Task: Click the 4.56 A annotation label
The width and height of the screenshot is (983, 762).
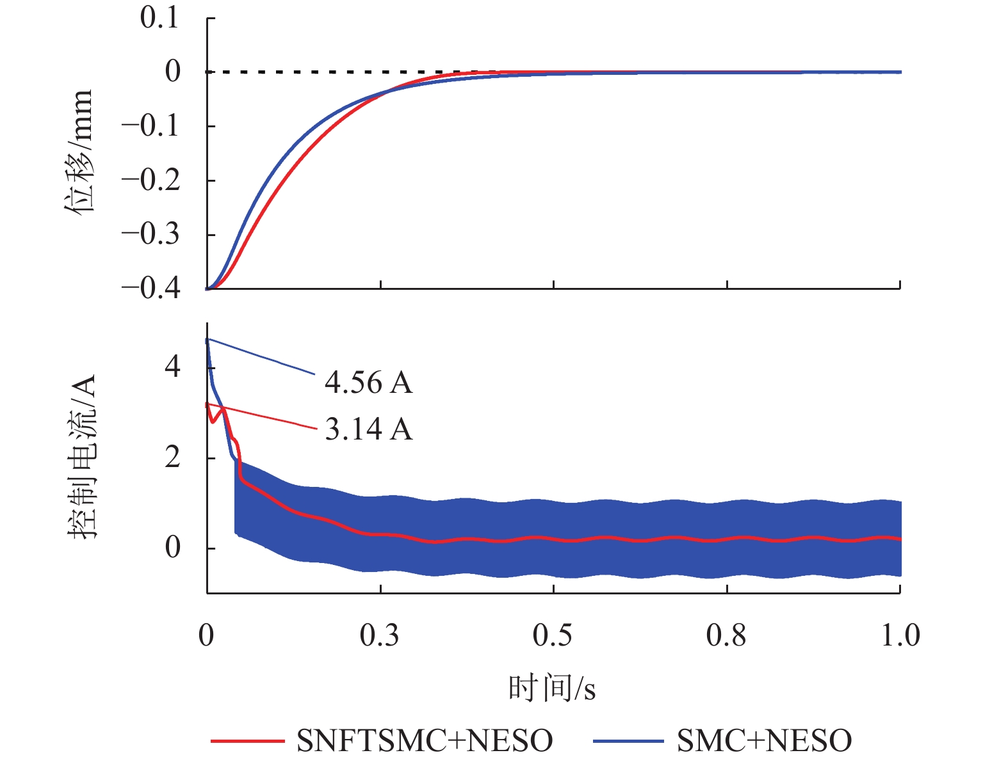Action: point(368,383)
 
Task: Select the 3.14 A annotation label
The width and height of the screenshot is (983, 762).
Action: point(368,429)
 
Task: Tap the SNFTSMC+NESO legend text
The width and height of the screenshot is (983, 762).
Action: point(425,741)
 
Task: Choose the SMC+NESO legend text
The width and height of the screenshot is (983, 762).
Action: point(764,741)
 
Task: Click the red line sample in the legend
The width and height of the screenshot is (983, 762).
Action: point(247,741)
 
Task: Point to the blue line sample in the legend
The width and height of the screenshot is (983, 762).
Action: point(628,741)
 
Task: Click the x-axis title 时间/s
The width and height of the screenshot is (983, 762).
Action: point(552,688)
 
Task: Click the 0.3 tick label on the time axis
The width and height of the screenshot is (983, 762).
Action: point(380,636)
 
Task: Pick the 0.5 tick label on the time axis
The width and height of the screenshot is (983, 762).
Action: point(553,636)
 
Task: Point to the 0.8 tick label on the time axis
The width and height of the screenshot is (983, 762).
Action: point(727,636)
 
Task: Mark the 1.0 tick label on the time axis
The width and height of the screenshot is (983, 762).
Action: point(900,636)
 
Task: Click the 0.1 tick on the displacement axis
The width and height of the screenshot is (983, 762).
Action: point(159,18)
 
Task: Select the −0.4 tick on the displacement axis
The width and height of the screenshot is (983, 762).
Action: point(151,289)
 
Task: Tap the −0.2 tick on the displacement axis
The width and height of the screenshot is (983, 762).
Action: point(151,180)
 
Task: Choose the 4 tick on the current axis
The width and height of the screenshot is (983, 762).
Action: point(172,368)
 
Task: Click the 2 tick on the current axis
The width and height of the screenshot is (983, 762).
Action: point(172,458)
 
